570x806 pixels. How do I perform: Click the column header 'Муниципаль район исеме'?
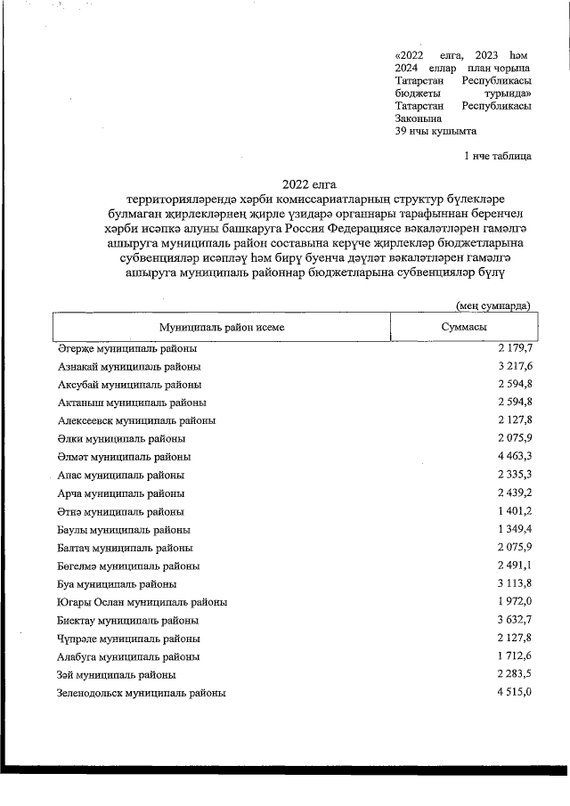pyautogui.click(x=222, y=328)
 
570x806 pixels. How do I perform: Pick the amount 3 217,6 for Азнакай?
pyautogui.click(x=515, y=366)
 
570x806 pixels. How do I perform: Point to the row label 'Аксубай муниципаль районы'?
pyautogui.click(x=129, y=385)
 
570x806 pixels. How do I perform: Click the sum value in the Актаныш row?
pyautogui.click(x=515, y=403)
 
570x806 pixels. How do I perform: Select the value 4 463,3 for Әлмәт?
pyautogui.click(x=515, y=457)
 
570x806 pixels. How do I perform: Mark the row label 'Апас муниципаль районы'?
pyautogui.click(x=121, y=476)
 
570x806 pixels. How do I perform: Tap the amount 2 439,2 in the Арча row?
pyautogui.click(x=515, y=493)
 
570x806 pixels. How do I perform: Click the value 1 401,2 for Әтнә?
pyautogui.click(x=515, y=511)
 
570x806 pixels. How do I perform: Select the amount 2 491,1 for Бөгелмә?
pyautogui.click(x=515, y=566)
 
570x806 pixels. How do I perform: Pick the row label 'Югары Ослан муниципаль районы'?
pyautogui.click(x=142, y=602)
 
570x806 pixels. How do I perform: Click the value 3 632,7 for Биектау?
pyautogui.click(x=515, y=620)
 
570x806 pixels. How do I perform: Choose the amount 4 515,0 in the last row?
pyautogui.click(x=515, y=692)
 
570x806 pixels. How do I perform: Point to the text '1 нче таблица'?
pyautogui.click(x=498, y=157)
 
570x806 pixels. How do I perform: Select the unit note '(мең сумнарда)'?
pyautogui.click(x=494, y=305)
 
